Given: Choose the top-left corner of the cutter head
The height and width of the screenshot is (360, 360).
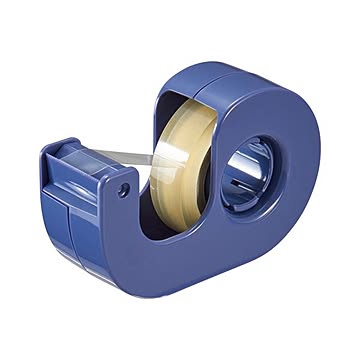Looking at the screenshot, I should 47,149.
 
